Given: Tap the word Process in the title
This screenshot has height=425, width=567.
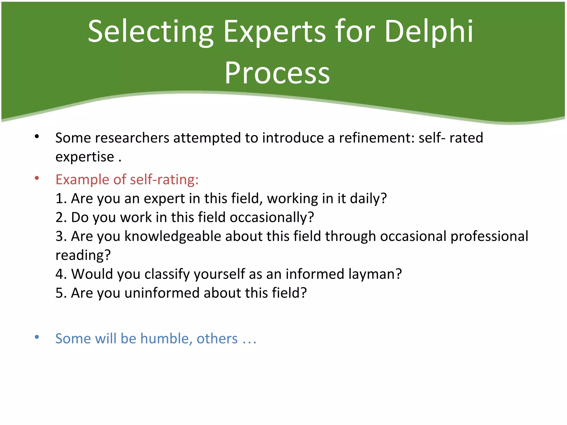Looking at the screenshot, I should coord(277,73).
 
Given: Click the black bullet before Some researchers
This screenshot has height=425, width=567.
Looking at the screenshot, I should coord(37,136).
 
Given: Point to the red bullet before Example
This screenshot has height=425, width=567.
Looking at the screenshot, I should coord(37,178).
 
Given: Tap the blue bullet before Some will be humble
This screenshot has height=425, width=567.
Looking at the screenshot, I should coord(37,337).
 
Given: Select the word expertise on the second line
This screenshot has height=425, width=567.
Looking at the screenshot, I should coord(85,157).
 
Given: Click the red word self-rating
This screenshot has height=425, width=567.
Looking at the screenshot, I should coord(164,180).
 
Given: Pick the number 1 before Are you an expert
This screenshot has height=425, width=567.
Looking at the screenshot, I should coord(60,198).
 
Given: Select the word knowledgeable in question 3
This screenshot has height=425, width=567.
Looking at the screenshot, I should coord(173,236).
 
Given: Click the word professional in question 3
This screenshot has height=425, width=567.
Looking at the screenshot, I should coord(489,236).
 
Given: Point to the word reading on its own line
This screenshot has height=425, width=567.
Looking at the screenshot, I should coord(80,255).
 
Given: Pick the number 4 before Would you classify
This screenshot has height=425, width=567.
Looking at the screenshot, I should coord(60,274).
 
